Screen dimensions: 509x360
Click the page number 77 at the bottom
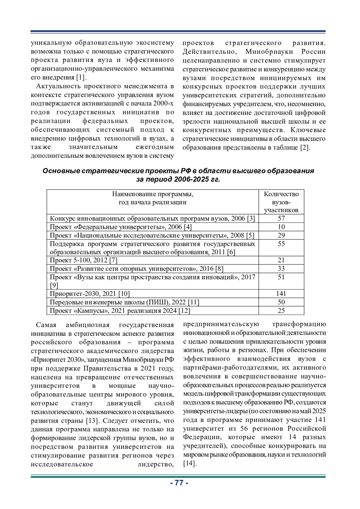click(179, 483)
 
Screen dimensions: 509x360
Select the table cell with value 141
click(281, 294)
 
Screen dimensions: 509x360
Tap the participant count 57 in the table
click(281, 218)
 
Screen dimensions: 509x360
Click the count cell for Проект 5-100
click(281, 260)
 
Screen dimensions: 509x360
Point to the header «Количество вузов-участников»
click(281, 202)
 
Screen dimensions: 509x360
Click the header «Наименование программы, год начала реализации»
click(153, 198)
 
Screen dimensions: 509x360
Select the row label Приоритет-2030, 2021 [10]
click(90, 294)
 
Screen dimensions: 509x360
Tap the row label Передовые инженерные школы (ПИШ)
click(124, 302)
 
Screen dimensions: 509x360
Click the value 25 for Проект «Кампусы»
click(281, 310)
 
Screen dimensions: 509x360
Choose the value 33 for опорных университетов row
click(281, 268)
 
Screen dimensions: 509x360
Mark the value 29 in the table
click(281, 235)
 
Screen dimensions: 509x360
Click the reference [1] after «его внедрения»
click(81, 77)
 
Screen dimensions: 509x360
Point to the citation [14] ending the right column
click(189, 463)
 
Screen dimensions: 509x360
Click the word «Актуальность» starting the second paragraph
click(59, 86)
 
